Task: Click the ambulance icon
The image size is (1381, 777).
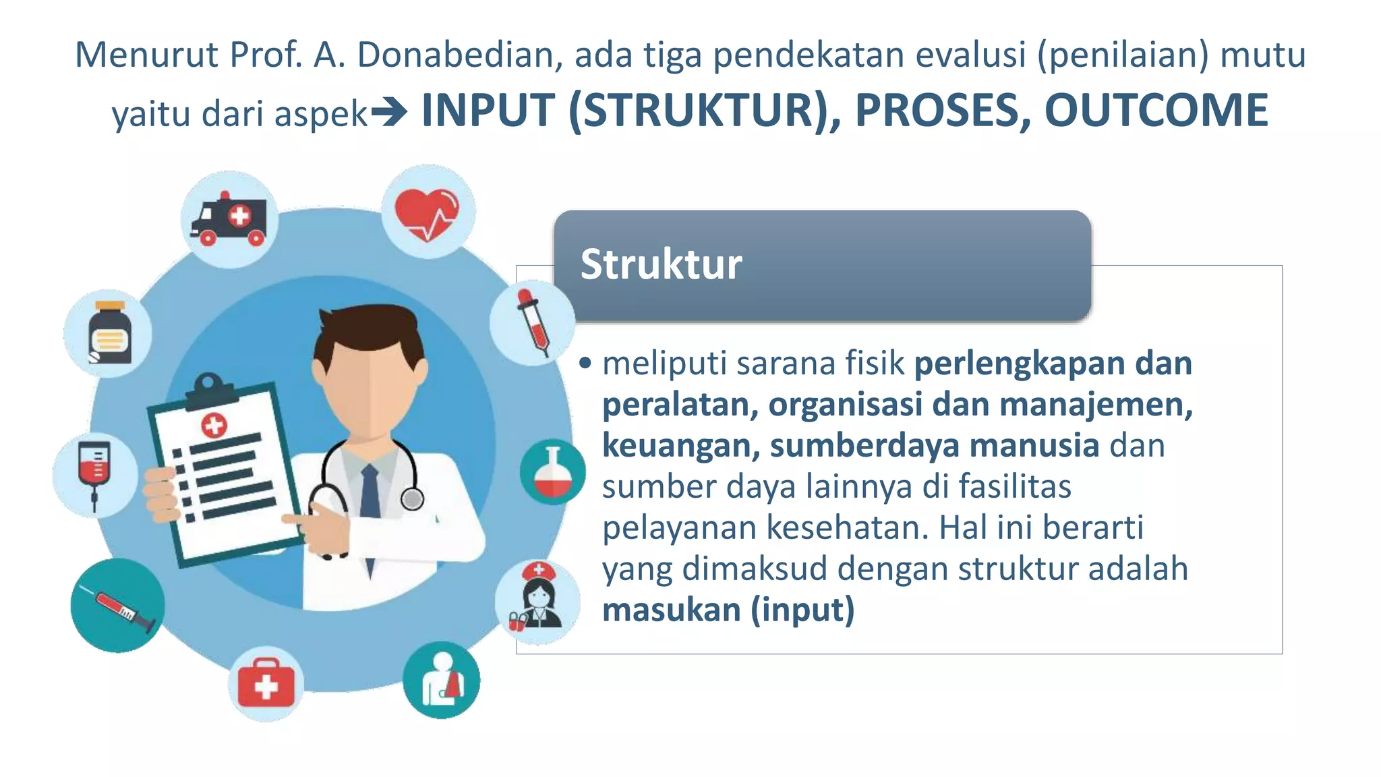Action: [229, 220]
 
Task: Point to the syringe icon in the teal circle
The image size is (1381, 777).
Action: [118, 605]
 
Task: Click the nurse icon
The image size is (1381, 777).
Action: [537, 600]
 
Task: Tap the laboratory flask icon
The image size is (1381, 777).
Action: [553, 473]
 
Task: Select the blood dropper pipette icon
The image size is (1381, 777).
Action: [533, 322]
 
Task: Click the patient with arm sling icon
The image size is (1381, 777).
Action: [442, 680]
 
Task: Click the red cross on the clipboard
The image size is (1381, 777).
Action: [214, 425]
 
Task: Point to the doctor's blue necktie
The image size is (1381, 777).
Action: [370, 492]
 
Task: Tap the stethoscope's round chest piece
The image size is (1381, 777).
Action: [413, 499]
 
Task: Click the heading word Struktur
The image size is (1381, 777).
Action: [661, 264]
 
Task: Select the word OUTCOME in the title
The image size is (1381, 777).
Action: [1156, 111]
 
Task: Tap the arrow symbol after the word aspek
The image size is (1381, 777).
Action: [389, 113]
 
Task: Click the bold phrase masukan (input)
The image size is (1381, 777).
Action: [728, 610]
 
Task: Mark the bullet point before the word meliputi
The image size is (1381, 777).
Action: [585, 364]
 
